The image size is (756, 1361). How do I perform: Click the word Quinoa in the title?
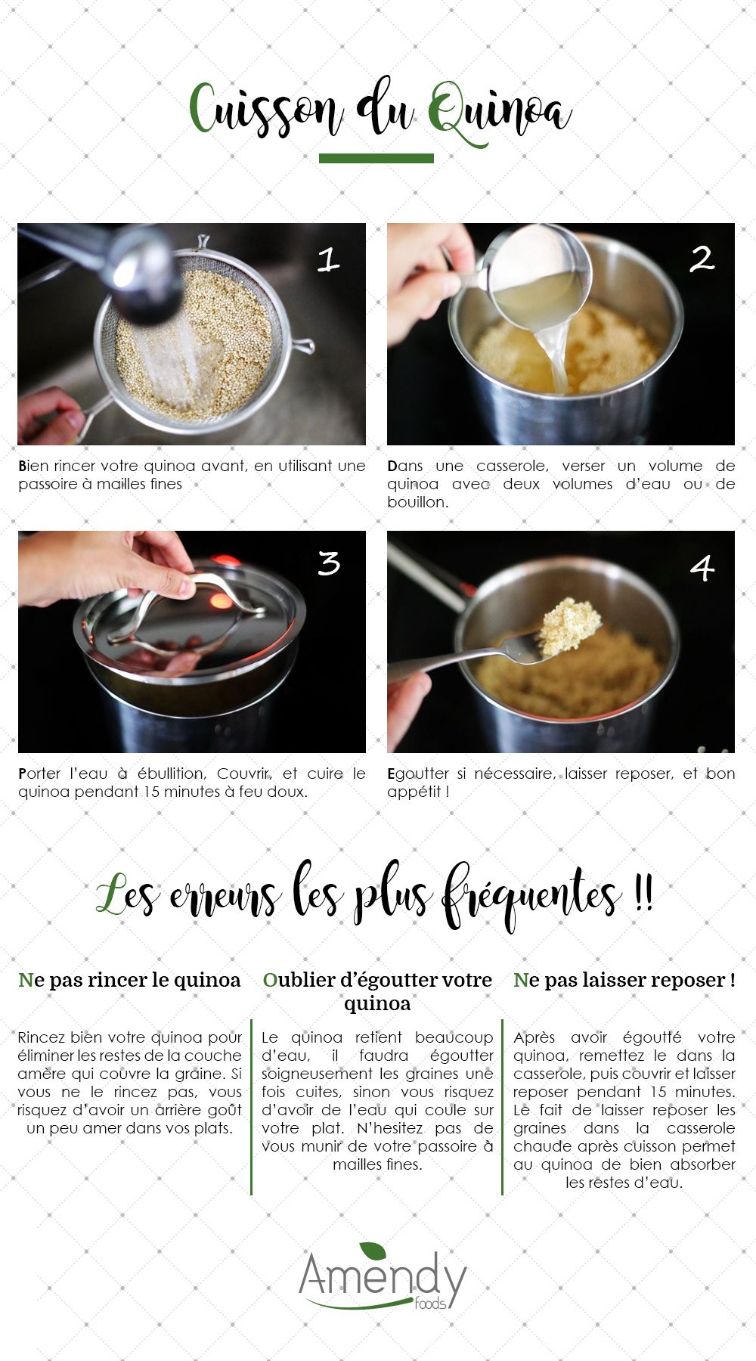[x=499, y=112]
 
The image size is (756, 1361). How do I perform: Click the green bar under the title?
[x=376, y=158]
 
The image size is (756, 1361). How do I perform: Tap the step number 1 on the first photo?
[x=328, y=259]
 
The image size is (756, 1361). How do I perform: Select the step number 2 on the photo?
[x=702, y=259]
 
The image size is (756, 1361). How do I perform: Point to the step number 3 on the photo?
[x=329, y=563]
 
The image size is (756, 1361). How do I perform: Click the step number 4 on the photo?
[x=702, y=567]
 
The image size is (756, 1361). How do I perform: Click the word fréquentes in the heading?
[x=530, y=895]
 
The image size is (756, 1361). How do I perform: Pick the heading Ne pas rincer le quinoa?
[x=129, y=980]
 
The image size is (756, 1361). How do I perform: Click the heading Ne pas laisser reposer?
[x=624, y=980]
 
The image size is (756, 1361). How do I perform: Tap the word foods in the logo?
[x=431, y=1303]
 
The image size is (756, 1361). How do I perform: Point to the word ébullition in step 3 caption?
[x=171, y=774]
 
